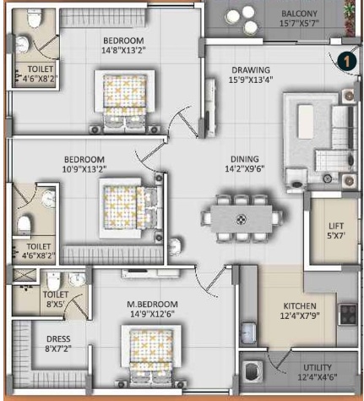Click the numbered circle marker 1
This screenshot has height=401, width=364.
[347, 61]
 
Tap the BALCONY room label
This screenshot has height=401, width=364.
[299, 14]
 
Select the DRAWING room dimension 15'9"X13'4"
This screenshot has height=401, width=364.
[251, 80]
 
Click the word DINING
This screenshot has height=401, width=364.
[245, 159]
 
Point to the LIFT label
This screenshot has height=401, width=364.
[336, 226]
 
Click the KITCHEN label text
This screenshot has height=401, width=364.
[300, 306]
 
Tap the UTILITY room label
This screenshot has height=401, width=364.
[318, 367]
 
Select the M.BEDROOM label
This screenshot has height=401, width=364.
[152, 305]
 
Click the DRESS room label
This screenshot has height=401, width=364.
[58, 338]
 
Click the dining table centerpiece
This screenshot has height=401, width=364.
[242, 218]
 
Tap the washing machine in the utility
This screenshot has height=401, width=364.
[252, 371]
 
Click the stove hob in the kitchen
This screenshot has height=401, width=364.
[348, 314]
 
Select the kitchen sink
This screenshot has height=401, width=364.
[247, 332]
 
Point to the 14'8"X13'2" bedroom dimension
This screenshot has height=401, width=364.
[123, 51]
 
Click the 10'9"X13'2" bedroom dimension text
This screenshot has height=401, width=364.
[84, 169]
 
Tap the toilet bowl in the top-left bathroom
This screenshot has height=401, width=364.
[35, 19]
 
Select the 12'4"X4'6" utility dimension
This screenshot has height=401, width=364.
[318, 377]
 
